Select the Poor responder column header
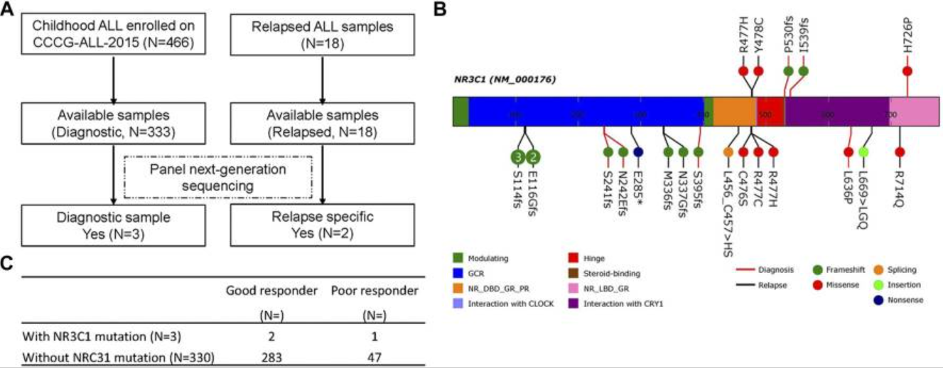pos(374,290)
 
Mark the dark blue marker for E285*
pos(638,151)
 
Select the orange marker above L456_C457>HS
pos(728,151)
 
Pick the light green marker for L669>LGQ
pos(863,151)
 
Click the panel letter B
pos(440,10)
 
